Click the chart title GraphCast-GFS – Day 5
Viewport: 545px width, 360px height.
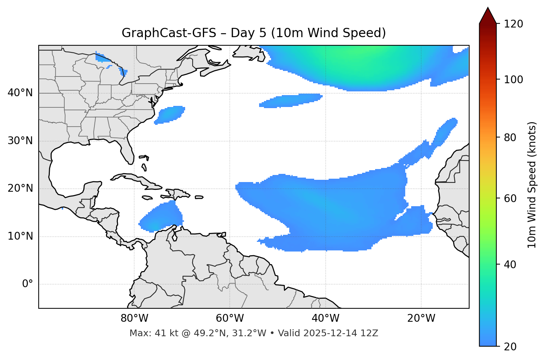pyautogui.click(x=254, y=33)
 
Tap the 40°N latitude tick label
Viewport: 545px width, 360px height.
pyautogui.click(x=20, y=93)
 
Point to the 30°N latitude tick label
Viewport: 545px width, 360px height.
pyautogui.click(x=20, y=141)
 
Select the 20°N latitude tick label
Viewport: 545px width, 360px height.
pyautogui.click(x=20, y=188)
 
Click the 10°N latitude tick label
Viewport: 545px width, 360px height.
pyautogui.click(x=20, y=236)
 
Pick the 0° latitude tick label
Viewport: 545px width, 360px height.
pyautogui.click(x=27, y=284)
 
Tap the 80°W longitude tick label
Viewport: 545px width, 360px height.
pyautogui.click(x=134, y=318)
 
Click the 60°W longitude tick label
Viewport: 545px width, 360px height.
pyautogui.click(x=230, y=318)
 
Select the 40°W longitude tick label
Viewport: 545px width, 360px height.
pyautogui.click(x=325, y=318)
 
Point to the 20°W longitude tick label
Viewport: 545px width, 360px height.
pyautogui.click(x=421, y=318)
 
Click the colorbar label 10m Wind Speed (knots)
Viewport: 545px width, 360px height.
pyautogui.click(x=532, y=185)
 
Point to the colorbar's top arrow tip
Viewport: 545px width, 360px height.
pyautogui.click(x=488, y=7)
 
